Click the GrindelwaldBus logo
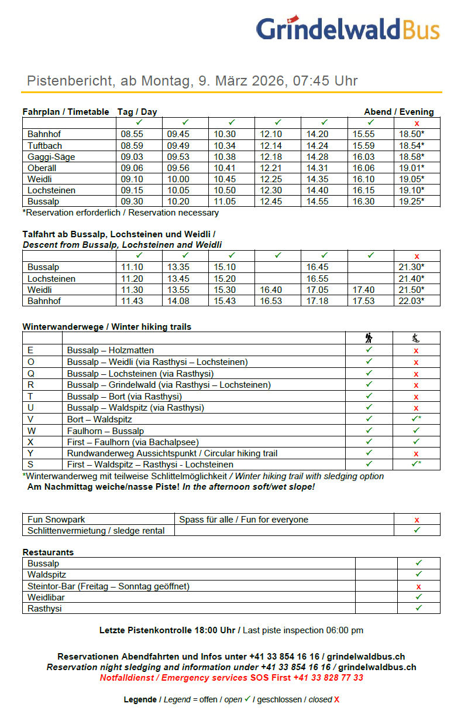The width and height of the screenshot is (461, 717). point(348,29)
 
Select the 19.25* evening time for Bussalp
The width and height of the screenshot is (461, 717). point(411,201)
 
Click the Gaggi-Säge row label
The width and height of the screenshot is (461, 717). point(51,156)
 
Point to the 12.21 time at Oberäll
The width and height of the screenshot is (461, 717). point(271,168)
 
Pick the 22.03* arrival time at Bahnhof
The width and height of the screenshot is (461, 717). point(411,301)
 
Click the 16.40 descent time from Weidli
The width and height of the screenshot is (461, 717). point(271,290)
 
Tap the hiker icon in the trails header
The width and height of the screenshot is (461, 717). point(369,337)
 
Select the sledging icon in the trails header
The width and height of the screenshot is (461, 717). point(416,337)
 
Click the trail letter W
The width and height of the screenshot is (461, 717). point(32,431)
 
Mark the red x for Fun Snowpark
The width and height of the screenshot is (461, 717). point(417,520)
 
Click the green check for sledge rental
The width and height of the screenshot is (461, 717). point(417,530)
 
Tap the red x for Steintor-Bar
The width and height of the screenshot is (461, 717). point(419,586)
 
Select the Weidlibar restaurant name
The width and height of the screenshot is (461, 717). point(46,597)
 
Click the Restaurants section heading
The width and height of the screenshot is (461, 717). point(48,552)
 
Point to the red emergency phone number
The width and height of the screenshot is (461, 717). point(330,678)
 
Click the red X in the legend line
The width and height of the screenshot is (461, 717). point(337,700)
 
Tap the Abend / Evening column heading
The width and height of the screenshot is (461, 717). point(398,112)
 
